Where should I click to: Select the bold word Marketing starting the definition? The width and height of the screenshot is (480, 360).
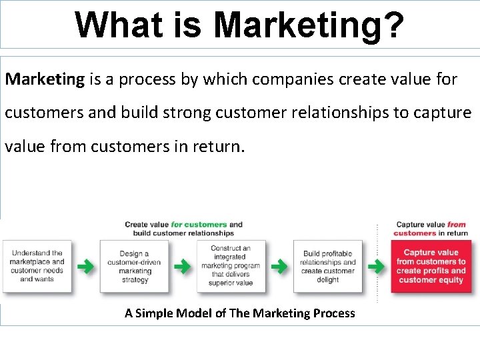coord(45,79)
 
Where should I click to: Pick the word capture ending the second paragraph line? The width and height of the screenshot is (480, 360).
coord(442,112)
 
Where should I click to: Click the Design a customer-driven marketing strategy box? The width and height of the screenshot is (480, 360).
coord(134,267)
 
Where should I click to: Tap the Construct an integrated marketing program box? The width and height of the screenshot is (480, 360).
coord(231,266)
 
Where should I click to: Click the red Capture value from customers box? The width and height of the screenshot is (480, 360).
coord(431,267)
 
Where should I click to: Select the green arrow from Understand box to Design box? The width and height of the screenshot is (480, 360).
coord(85,267)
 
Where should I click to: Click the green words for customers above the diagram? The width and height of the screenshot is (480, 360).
coord(199,225)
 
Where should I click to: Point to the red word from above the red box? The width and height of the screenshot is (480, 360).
coord(457,225)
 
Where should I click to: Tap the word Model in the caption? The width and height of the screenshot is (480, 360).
coord(194,313)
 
